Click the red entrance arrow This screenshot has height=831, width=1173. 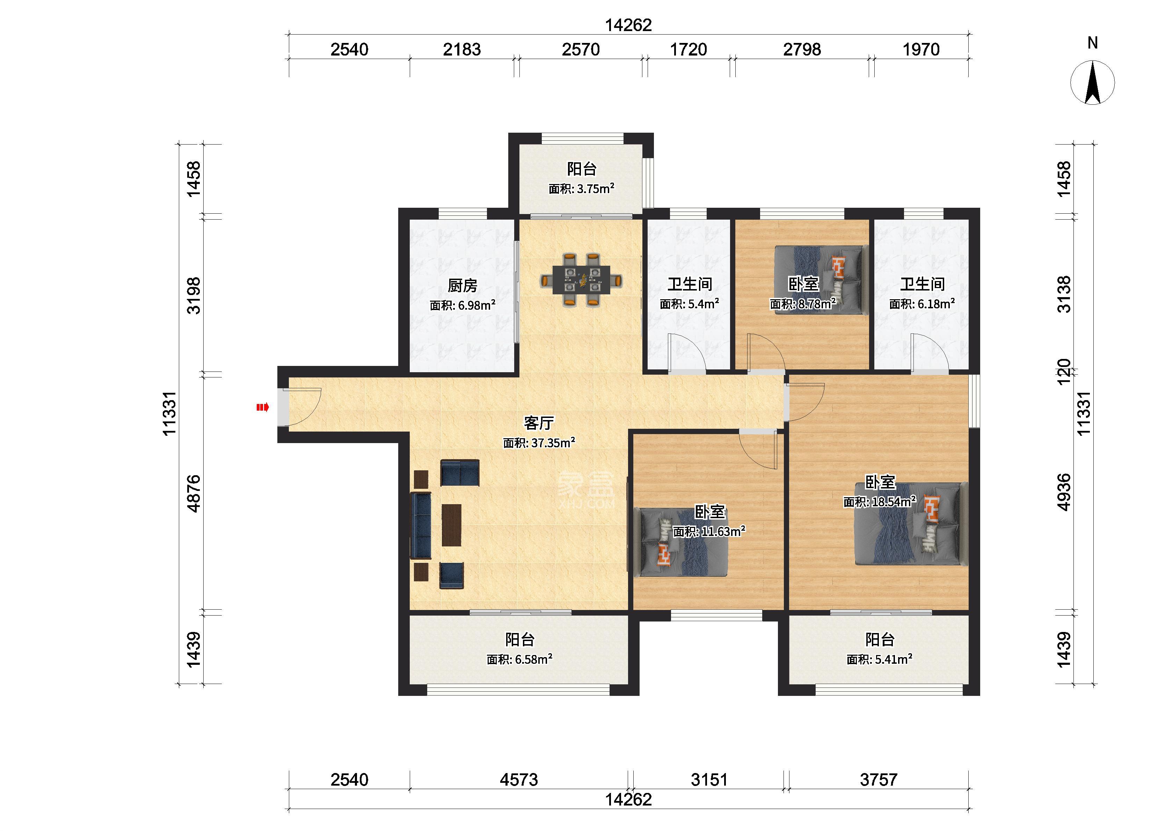coord(263,407)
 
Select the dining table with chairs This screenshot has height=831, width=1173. coord(581,280)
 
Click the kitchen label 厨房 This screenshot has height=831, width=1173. coord(462,285)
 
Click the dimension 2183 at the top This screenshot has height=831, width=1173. coord(462,50)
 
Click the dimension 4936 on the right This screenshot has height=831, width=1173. coord(1063,492)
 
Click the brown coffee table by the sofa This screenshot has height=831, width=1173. coord(451,525)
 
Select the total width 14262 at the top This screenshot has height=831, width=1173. coord(628,25)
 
